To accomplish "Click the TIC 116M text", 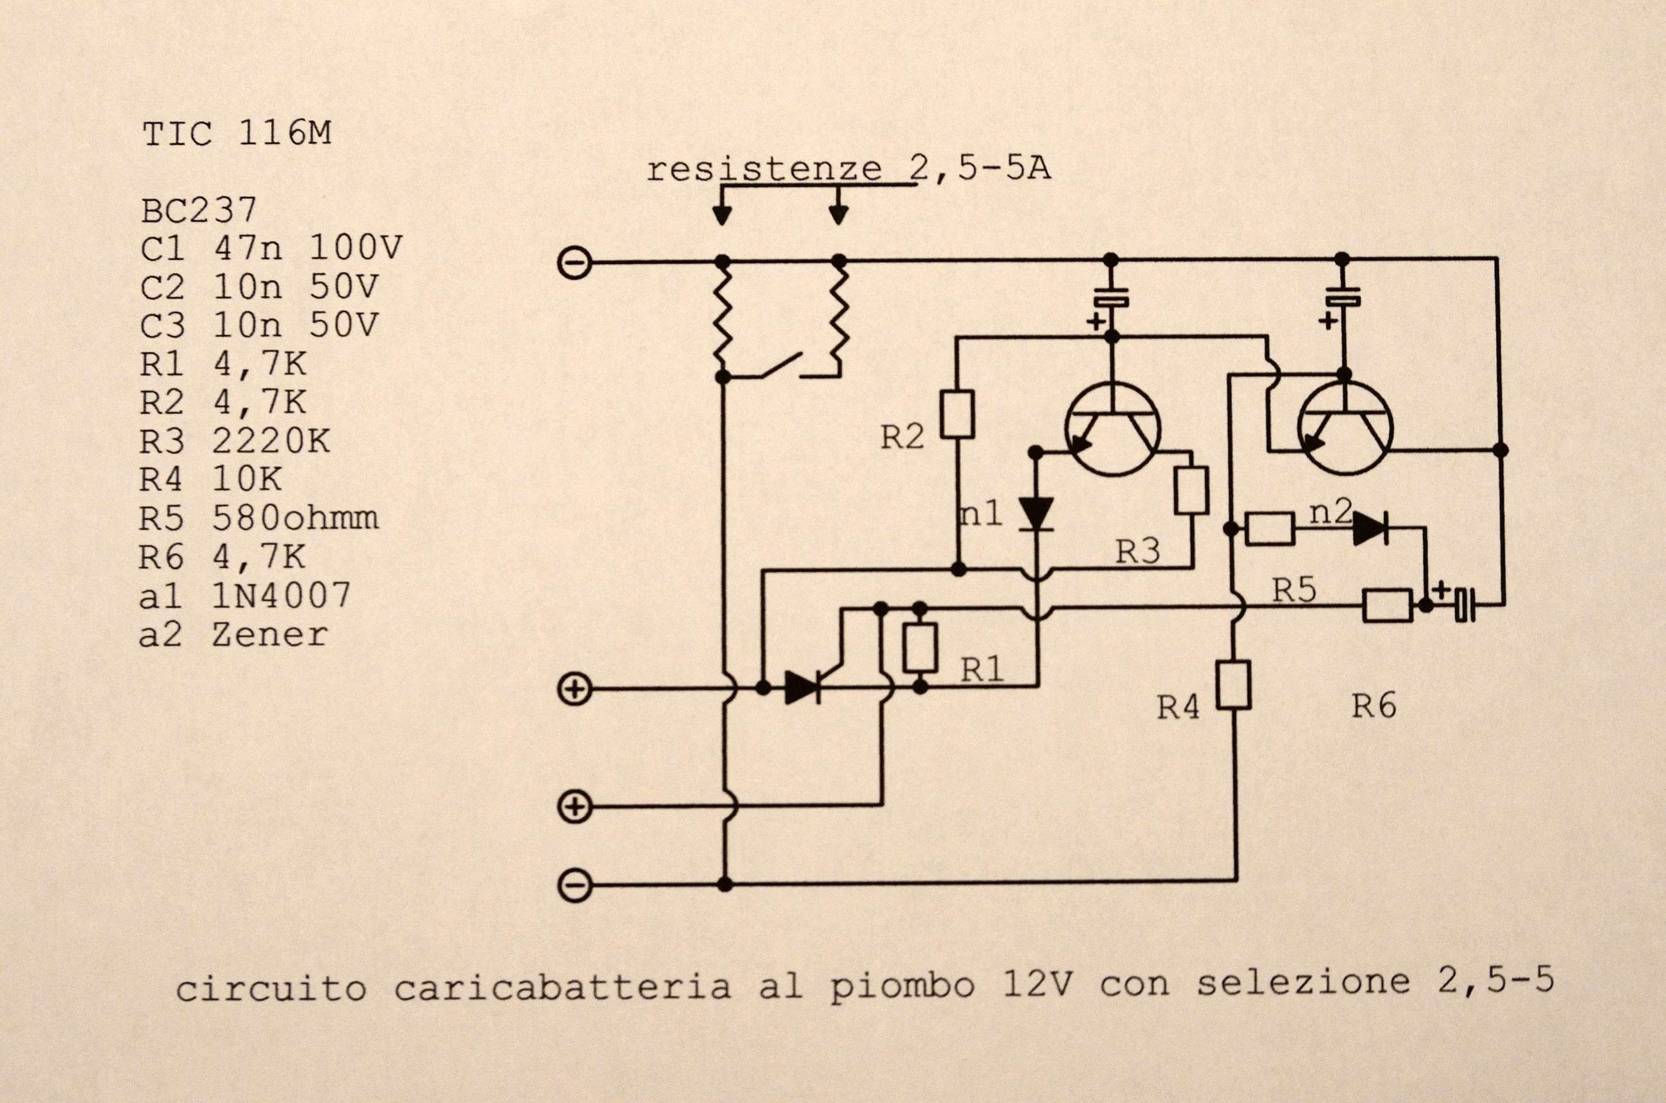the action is click(x=237, y=134).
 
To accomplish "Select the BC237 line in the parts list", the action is click(x=199, y=210).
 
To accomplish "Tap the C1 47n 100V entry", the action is click(x=271, y=247).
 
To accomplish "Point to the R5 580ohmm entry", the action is click(x=259, y=518).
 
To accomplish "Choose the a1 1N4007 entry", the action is click(x=245, y=595).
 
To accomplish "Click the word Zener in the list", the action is click(x=270, y=634).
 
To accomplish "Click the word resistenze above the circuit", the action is click(x=764, y=170).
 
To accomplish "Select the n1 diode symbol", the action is click(x=1036, y=513).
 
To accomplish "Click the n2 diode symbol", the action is click(x=1370, y=528).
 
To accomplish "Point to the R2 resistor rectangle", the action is click(x=958, y=415).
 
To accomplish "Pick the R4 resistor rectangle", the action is click(x=1234, y=684).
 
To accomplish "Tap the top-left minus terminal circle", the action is click(x=575, y=263).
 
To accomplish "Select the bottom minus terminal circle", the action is click(x=575, y=884).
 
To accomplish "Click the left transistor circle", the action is click(x=1112, y=430).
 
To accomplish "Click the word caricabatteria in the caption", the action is click(x=562, y=988).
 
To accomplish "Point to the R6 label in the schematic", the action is click(x=1374, y=706).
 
